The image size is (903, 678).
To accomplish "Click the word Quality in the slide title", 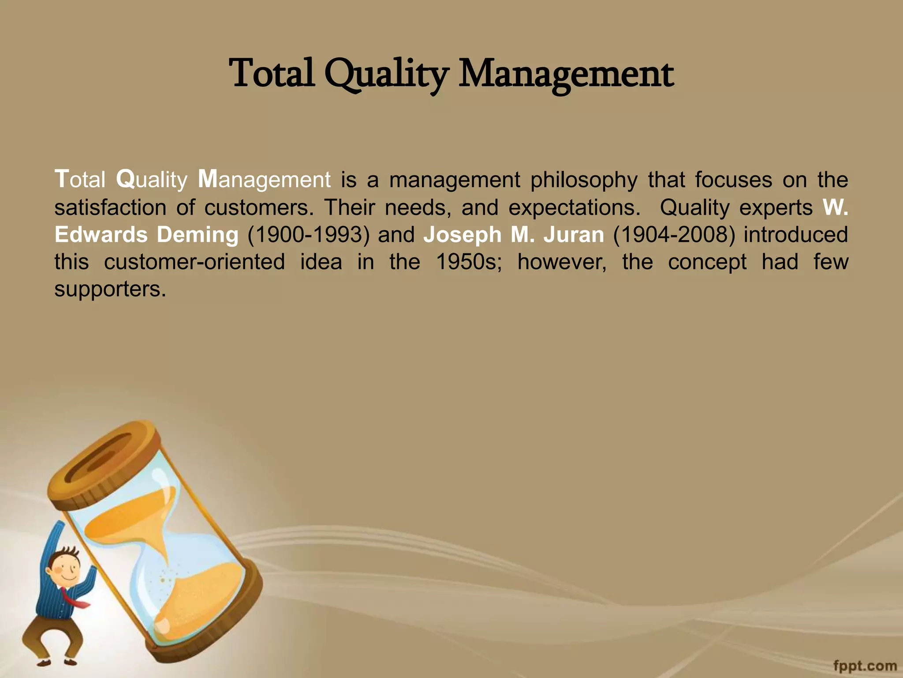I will tap(387, 74).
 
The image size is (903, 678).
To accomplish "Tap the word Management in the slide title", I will tap(566, 74).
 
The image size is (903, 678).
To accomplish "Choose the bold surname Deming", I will tap(198, 234).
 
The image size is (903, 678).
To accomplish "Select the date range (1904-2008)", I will tap(674, 234).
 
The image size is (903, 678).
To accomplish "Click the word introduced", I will tap(796, 234).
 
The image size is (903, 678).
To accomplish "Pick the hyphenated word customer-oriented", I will tap(194, 262).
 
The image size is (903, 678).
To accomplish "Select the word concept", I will tap(707, 262).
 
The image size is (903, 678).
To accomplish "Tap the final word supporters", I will tap(110, 290).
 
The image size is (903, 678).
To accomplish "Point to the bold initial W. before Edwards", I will tap(835, 207).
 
